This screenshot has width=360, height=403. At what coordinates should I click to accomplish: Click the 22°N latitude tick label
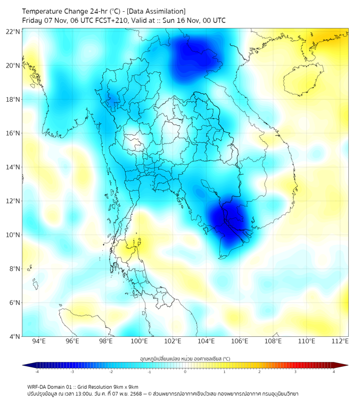(x=13, y=31)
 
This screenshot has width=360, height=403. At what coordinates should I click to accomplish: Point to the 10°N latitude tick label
(x=13, y=235)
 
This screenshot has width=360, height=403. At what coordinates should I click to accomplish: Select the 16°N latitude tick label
(x=13, y=133)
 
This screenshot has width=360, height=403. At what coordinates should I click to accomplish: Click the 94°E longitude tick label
(x=39, y=341)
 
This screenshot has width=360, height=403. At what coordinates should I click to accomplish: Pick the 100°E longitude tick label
(x=139, y=341)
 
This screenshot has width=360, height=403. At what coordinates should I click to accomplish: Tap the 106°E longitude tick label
(x=240, y=341)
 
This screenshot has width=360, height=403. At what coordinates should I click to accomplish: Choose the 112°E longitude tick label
(x=340, y=341)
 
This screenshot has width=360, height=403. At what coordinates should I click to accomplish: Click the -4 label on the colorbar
(x=37, y=372)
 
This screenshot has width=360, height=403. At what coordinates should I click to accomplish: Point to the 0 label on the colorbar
(x=185, y=372)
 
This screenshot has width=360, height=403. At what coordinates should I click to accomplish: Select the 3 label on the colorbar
(x=297, y=372)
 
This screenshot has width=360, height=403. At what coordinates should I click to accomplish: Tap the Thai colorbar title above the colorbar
(x=185, y=359)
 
